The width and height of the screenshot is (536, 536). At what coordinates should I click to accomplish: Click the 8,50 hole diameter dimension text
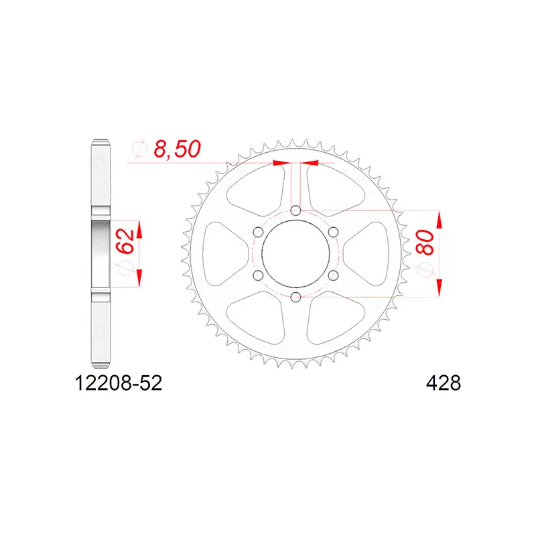coord(177,149)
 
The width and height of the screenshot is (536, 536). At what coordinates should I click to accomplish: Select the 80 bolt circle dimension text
coord(425,243)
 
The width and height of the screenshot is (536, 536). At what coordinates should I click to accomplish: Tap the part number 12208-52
coord(118,383)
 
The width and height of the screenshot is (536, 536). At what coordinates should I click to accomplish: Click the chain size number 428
coord(444,383)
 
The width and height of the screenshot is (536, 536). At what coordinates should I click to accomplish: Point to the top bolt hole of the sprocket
coord(295,210)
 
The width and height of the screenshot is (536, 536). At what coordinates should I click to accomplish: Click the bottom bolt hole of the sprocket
coord(295,297)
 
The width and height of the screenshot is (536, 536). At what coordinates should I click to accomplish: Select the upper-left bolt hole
coord(258,232)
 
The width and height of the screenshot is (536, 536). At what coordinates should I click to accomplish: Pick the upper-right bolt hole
coord(333,232)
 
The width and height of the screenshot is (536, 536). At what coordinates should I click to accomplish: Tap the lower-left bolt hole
coord(258,275)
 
